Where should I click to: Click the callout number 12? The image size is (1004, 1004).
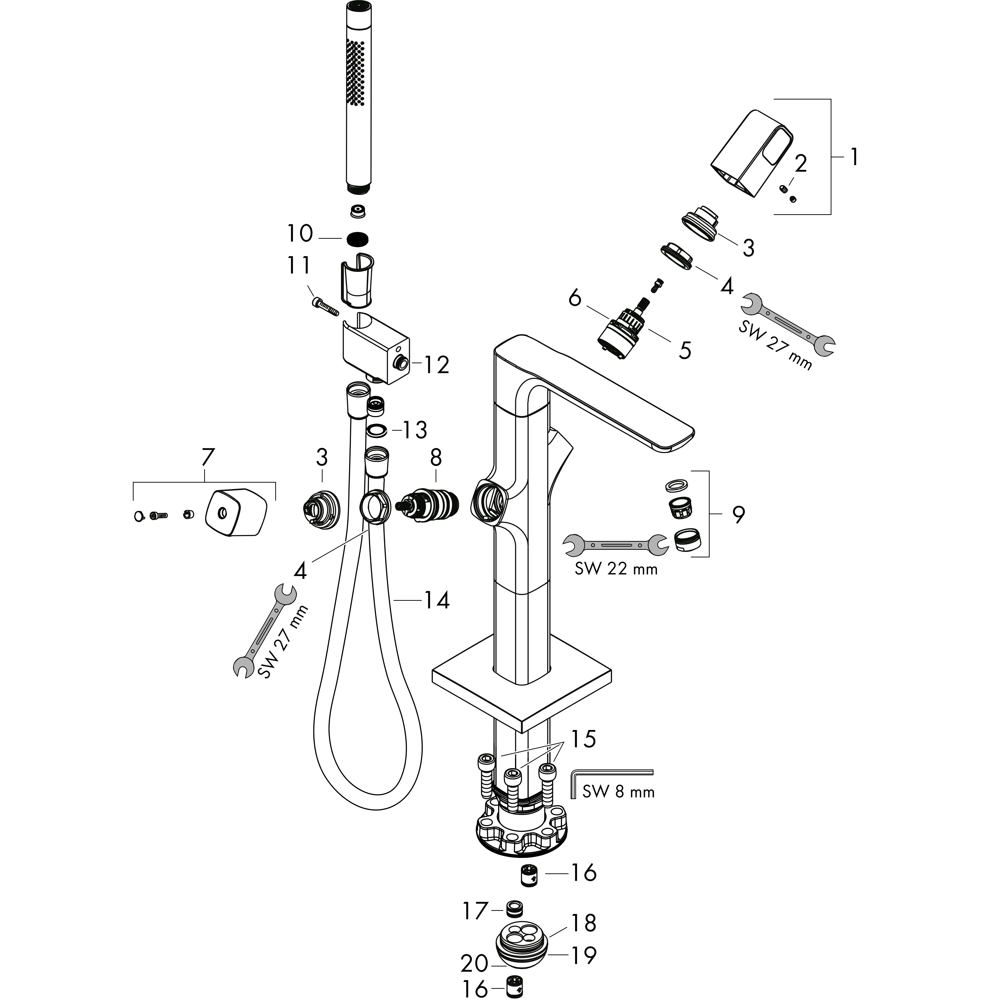click(436, 365)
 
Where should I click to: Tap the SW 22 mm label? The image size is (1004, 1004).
click(616, 568)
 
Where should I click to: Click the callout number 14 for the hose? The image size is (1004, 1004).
click(436, 601)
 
